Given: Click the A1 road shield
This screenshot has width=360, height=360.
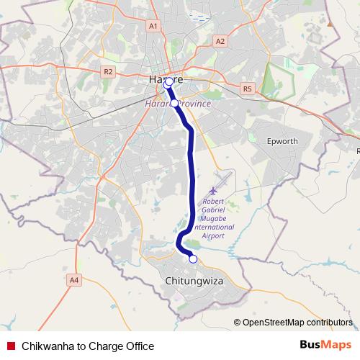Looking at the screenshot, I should point(153,26).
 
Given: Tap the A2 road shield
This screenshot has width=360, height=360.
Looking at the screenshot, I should point(220,42).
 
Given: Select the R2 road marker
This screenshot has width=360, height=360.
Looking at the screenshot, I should point(108,71).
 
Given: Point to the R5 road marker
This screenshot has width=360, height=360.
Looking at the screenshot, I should point(248,89).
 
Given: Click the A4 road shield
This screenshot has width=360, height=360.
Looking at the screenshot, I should point(73,279).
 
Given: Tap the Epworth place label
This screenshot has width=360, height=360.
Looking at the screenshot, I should point(282,141).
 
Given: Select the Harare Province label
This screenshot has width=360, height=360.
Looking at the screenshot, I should point(179,104).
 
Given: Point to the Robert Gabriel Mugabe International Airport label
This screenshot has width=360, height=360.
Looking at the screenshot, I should point(219,217).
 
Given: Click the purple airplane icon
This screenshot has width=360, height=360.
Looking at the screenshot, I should point(215,189).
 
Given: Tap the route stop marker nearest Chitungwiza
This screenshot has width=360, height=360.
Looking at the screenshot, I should point(193,258).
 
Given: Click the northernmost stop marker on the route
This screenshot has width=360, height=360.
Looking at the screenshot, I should point(169,83).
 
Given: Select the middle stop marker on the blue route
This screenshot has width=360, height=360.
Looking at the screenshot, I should point(174,104).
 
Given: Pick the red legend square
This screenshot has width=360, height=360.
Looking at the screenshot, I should point(11,346).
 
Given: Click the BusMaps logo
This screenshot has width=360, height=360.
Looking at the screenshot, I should point(325,346).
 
